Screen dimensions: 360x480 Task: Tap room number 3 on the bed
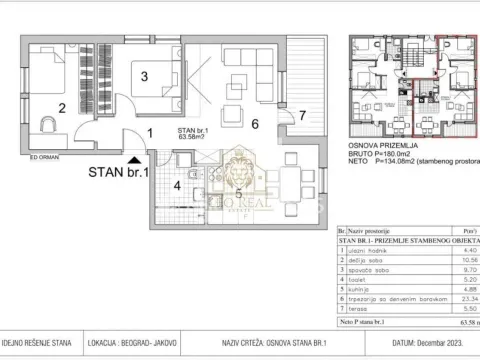coord(144,75)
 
